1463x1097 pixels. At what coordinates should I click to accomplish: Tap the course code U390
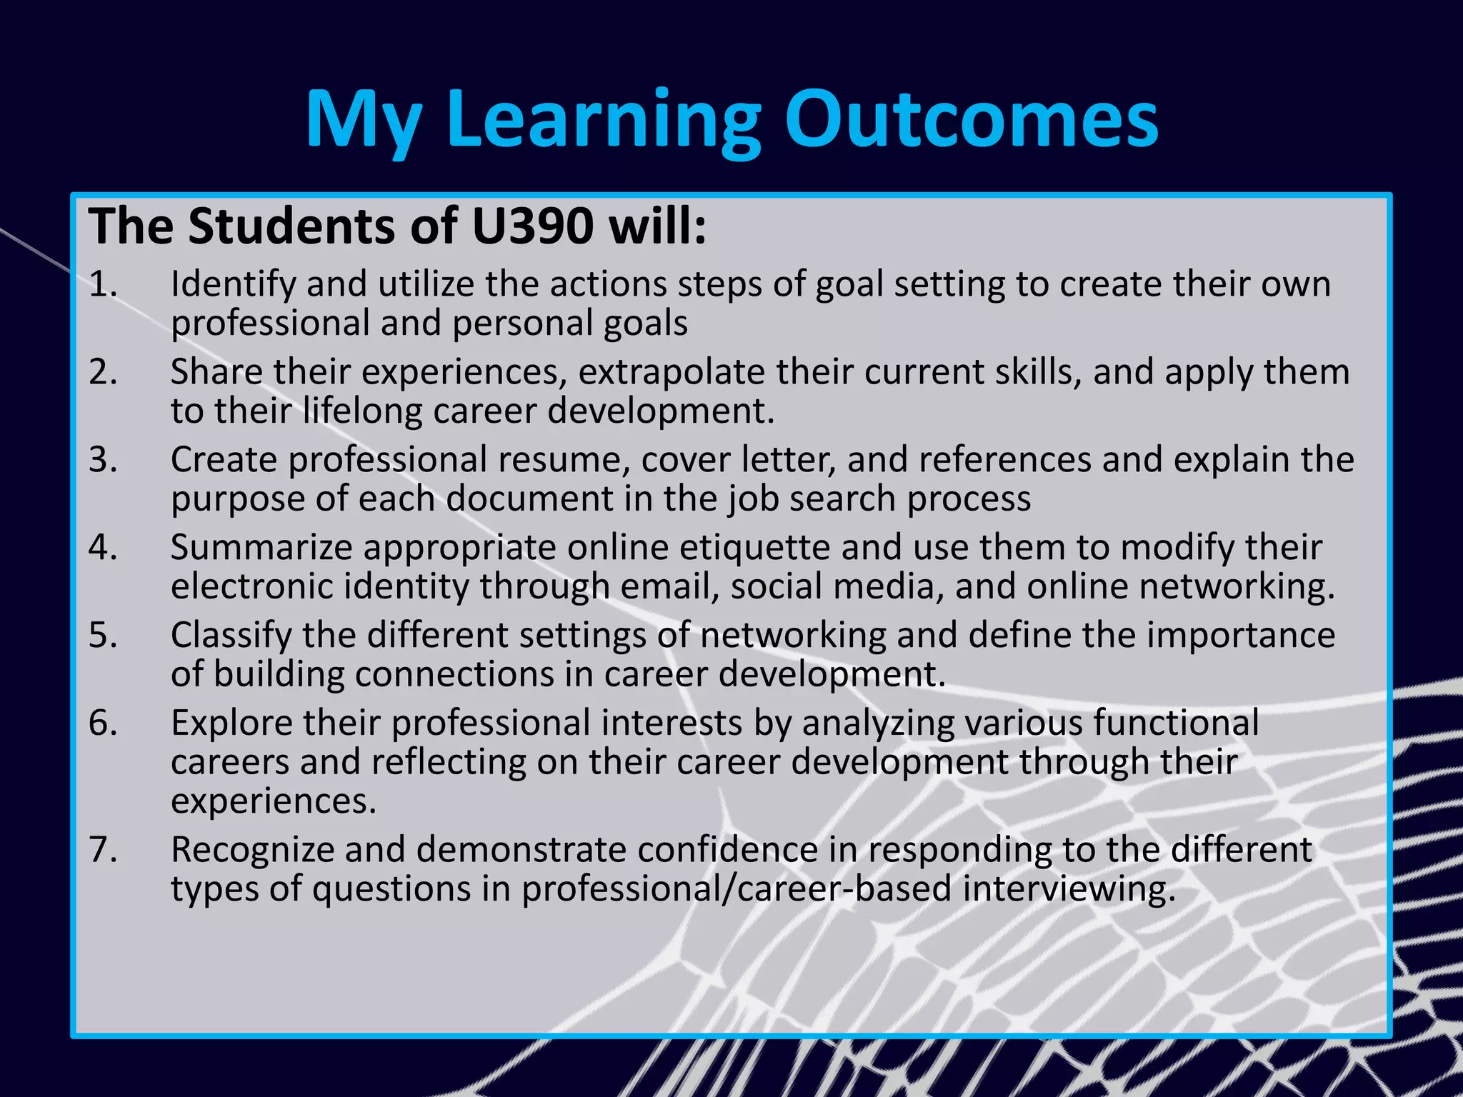point(533,226)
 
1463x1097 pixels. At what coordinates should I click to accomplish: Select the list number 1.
point(103,284)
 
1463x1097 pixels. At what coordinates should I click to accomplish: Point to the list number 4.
point(103,548)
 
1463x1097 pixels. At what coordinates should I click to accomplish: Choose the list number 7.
point(103,850)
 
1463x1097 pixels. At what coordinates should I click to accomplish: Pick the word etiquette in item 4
point(754,548)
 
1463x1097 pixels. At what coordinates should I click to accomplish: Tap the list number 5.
point(103,636)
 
